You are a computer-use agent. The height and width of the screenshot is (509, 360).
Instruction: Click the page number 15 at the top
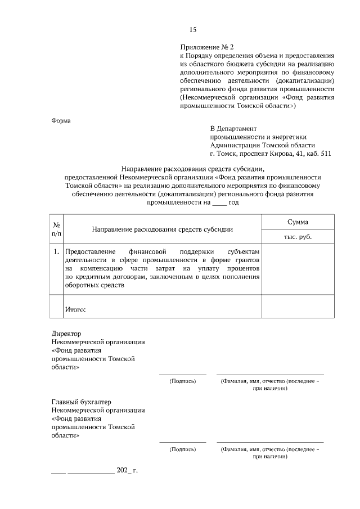(193, 29)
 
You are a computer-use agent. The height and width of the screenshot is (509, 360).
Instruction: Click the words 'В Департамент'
(233, 128)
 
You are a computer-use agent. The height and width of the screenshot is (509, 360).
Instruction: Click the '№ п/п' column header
(56, 228)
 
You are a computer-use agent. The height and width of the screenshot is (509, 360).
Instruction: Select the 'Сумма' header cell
(298, 222)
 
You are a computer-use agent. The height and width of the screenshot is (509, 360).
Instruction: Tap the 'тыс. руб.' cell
(298, 237)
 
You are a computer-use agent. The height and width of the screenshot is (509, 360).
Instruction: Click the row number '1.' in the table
(56, 251)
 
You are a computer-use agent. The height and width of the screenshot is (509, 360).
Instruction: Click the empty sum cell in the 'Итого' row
(298, 307)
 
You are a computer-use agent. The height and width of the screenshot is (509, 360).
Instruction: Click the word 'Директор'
(66, 333)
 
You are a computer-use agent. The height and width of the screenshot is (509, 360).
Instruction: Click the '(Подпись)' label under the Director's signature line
(183, 381)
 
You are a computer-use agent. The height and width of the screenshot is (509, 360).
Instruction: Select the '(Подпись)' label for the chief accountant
(183, 449)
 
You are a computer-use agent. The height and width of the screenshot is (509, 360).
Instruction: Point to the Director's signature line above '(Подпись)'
(183, 373)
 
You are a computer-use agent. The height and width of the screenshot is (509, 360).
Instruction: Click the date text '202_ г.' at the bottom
(127, 470)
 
